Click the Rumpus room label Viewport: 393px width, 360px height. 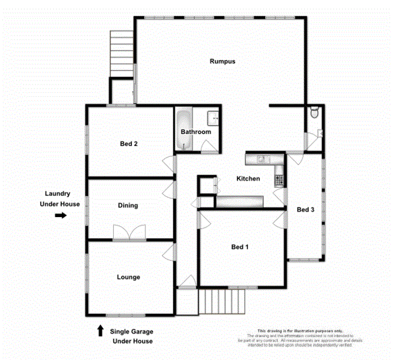coord(222,61)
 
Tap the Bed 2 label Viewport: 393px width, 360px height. coord(128,144)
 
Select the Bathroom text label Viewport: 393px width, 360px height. coord(196,132)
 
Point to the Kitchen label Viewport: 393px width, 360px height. coord(248,179)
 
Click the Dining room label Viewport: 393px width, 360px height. coord(128,205)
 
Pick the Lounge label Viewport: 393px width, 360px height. coord(128,277)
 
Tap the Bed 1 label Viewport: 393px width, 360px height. coord(240,247)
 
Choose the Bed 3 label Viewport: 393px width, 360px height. coord(305,209)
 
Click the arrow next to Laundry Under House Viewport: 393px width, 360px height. coord(60,215)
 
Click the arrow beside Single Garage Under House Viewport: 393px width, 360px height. coord(100,331)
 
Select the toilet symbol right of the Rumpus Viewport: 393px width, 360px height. coord(315,111)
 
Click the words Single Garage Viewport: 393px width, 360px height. coord(132,331)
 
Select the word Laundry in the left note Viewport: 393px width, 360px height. coord(58,194)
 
